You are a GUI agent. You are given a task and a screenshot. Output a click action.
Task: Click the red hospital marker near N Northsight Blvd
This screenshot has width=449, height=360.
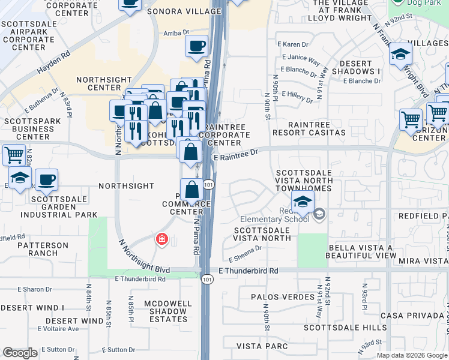(x=161, y=240)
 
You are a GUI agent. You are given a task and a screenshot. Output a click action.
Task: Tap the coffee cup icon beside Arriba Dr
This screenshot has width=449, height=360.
(x=196, y=46)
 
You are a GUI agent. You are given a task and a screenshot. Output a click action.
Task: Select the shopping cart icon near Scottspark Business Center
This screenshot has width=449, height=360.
(x=14, y=155)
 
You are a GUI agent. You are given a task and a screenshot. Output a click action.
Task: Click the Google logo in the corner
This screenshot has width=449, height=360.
(x=20, y=353)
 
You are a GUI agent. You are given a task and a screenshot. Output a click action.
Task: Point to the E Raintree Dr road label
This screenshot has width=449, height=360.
(x=236, y=156)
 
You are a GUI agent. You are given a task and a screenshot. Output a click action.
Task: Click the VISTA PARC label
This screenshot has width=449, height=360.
(x=260, y=346)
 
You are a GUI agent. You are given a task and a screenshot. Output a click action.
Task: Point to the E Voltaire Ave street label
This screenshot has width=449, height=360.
(x=58, y=329)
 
